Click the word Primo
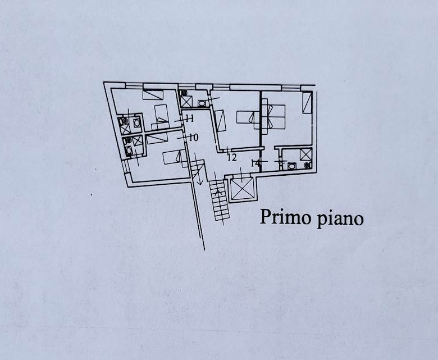[285, 217]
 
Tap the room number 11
[189, 119]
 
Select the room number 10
[194, 138]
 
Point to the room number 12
[232, 157]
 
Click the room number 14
[255, 162]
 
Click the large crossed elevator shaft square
[242, 189]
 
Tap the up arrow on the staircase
[218, 192]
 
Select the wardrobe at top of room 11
[153, 95]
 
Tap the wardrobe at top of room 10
[157, 139]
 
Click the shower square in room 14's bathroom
[305, 154]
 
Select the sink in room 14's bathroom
[291, 166]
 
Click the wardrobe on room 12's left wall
[220, 120]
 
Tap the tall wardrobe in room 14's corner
[307, 103]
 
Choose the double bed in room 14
[273, 117]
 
